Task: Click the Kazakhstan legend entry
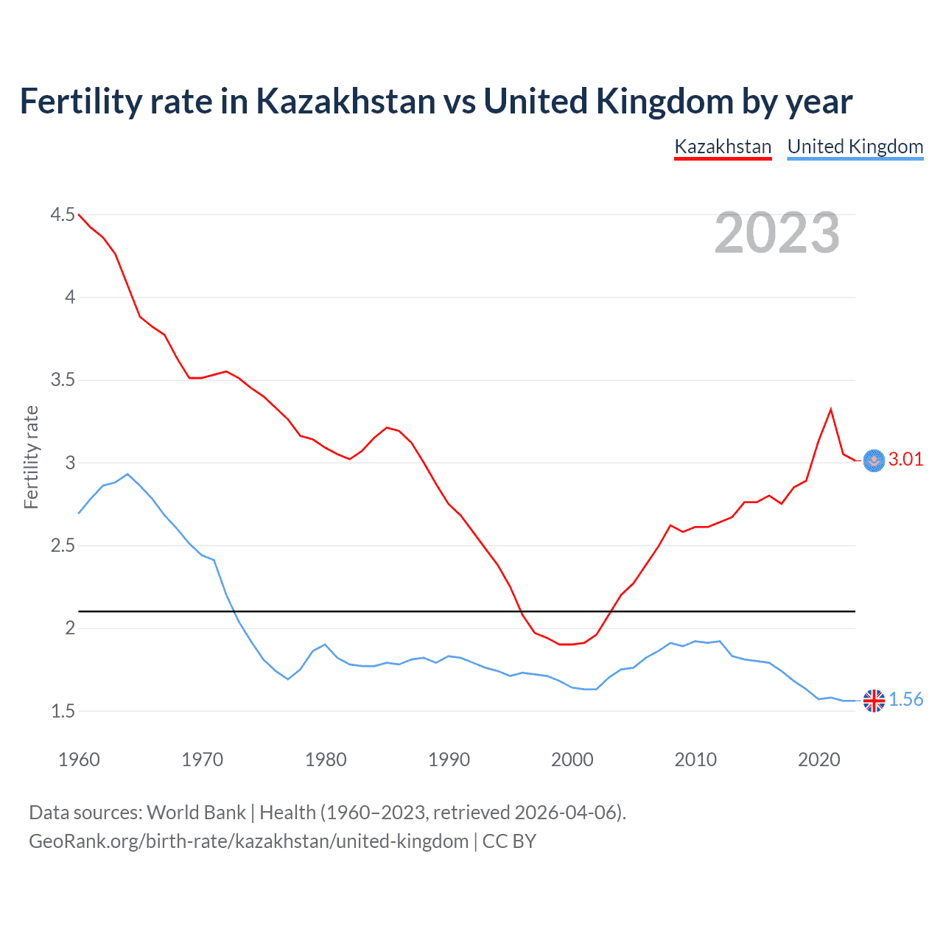(x=723, y=147)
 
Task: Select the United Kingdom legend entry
(x=855, y=147)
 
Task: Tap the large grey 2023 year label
(x=777, y=233)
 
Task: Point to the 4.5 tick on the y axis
(x=63, y=215)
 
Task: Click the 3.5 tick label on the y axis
(x=63, y=380)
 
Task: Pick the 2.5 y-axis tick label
(x=63, y=546)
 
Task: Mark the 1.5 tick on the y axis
(x=63, y=711)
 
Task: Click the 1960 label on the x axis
(x=79, y=760)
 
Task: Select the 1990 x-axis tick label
(x=449, y=760)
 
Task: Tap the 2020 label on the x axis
(x=818, y=760)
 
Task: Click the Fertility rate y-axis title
(x=31, y=458)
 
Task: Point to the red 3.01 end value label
(x=905, y=460)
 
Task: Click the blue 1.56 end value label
(x=905, y=700)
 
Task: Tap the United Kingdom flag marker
(x=874, y=701)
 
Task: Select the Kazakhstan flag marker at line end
(x=874, y=460)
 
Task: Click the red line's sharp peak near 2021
(x=831, y=410)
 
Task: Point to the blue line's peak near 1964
(x=127, y=474)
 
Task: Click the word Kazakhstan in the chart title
(x=346, y=101)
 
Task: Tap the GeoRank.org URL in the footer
(x=248, y=841)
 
